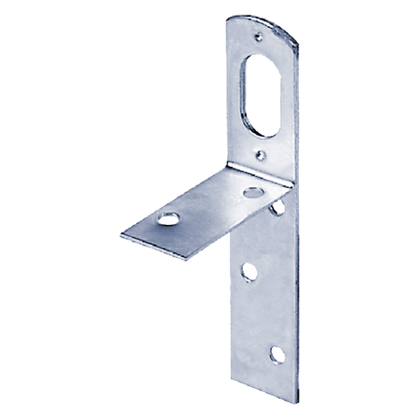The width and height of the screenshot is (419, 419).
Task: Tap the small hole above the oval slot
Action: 259,36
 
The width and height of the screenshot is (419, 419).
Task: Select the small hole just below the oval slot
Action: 261,155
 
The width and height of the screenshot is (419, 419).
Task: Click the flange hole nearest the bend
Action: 253,192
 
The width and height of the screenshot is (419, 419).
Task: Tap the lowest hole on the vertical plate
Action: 277,354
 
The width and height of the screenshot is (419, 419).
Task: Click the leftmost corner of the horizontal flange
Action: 121,235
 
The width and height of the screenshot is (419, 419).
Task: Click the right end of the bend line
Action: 292,187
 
